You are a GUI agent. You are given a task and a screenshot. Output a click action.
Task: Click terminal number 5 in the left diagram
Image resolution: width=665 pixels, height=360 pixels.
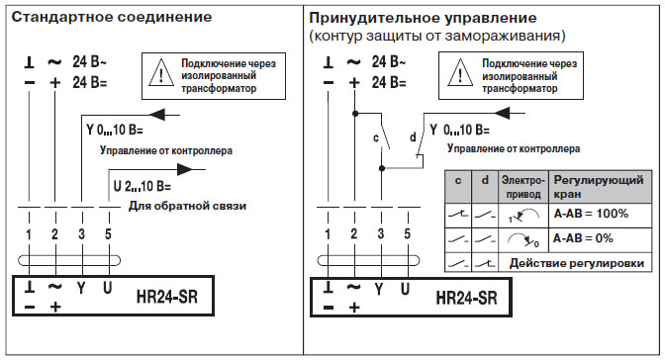106,233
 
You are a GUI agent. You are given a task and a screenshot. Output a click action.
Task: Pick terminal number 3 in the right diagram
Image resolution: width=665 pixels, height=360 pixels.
381,233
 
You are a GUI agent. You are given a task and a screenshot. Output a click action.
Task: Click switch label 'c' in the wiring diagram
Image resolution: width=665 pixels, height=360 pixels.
375,137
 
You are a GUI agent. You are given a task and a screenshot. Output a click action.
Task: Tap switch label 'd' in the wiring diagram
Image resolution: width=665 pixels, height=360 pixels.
412,137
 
